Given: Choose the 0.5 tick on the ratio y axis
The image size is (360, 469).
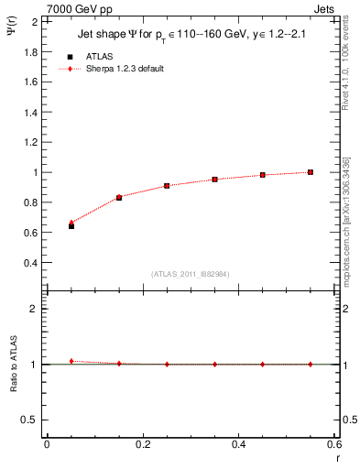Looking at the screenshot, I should (31, 420).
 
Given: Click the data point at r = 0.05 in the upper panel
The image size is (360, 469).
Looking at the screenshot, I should (71, 224).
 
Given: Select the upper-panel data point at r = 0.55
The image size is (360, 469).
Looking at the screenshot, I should (311, 172).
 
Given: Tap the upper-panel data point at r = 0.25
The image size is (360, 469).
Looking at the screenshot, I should (167, 186).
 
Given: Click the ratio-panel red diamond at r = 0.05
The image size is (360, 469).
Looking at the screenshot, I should (71, 361).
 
